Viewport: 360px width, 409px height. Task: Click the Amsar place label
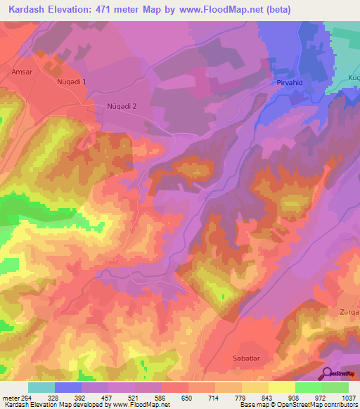22,72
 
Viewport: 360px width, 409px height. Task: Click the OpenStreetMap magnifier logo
327,373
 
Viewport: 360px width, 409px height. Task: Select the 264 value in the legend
28,397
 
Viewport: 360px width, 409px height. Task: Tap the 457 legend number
108,397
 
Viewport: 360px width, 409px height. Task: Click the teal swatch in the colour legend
41,387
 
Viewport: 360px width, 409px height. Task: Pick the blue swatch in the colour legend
68,387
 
